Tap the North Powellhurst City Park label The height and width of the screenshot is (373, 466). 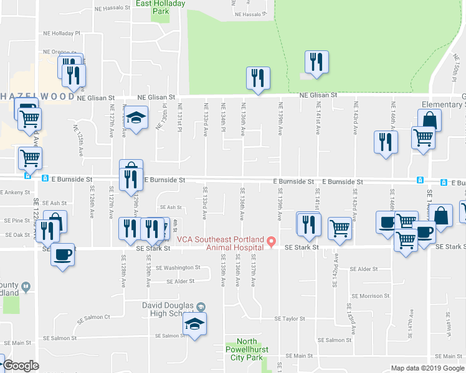pyautogui.click(x=247, y=349)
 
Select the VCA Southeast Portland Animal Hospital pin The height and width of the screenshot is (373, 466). pyautogui.click(x=271, y=241)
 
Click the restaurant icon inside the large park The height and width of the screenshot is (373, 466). pyautogui.click(x=316, y=62)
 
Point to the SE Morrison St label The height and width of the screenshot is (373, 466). pyautogui.click(x=370, y=296)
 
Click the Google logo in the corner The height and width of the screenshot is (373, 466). pyautogui.click(x=21, y=366)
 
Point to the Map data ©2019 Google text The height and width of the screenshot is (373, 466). pyautogui.click(x=427, y=368)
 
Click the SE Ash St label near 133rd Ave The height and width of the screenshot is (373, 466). pyautogui.click(x=171, y=207)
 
